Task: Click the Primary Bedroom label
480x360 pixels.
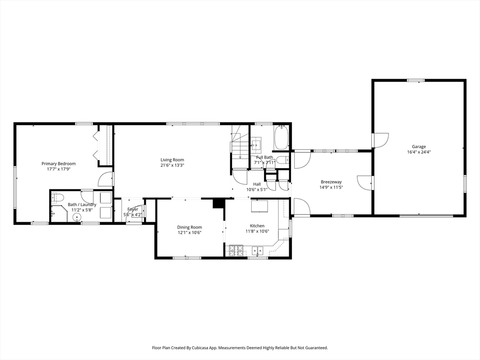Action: (59, 164)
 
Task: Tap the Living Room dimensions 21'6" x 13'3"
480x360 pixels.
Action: (172, 165)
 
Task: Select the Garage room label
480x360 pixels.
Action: (419, 147)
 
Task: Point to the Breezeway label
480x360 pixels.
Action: (331, 182)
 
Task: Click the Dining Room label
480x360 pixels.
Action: (189, 227)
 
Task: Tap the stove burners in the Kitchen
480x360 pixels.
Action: (236, 251)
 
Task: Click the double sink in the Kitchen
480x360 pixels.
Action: (257, 250)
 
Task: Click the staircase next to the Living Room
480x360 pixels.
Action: (240, 147)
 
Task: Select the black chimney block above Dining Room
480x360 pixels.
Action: (218, 203)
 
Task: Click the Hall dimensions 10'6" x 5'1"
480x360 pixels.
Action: (257, 189)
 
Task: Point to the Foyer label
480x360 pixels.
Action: (133, 210)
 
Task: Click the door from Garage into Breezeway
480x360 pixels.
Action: (365, 182)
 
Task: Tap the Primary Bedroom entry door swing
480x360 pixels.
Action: (105, 180)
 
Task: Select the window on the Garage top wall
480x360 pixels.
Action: (416, 80)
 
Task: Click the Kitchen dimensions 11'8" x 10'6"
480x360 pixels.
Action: (257, 232)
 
